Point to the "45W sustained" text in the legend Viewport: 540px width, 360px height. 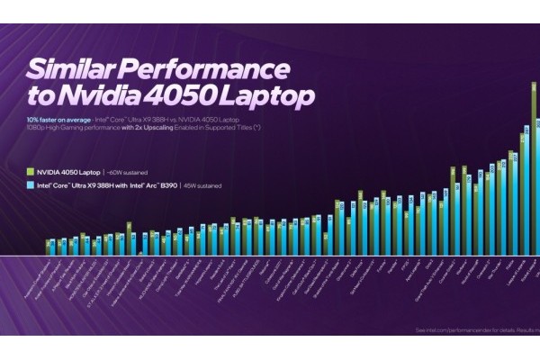coord(199,186)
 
